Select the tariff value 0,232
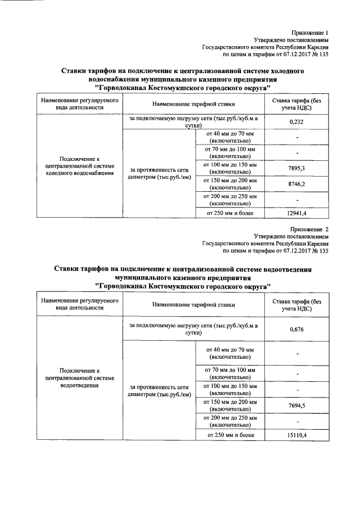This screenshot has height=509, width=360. (x=296, y=121)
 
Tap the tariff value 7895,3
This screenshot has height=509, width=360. (x=296, y=168)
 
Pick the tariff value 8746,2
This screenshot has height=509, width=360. (x=296, y=183)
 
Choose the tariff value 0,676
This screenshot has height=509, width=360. (x=296, y=329)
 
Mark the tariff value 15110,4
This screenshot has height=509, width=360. (x=296, y=435)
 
